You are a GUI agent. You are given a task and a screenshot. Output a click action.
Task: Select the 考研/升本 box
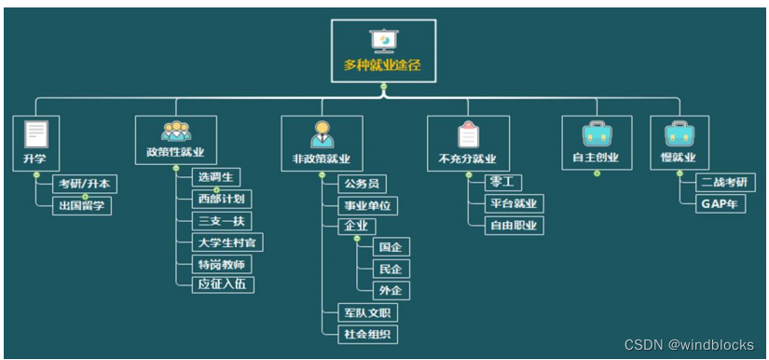83,184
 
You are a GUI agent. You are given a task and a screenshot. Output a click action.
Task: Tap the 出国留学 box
81,206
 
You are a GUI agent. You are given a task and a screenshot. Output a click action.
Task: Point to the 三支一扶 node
221,221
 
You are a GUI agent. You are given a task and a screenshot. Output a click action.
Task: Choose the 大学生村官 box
227,242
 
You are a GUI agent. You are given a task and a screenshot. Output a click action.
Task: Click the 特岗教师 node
221,264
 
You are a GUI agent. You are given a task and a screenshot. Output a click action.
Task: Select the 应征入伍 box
221,284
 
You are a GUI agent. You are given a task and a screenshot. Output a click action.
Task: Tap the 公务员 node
362,184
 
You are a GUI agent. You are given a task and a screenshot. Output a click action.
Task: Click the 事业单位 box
367,205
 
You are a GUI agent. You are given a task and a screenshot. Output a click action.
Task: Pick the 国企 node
391,247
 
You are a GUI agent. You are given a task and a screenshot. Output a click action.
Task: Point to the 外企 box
391,290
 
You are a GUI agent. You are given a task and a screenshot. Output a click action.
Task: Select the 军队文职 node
367,312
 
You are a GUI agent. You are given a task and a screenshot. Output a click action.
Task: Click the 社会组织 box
367,334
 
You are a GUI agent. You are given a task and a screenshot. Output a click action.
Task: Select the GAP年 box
721,204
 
